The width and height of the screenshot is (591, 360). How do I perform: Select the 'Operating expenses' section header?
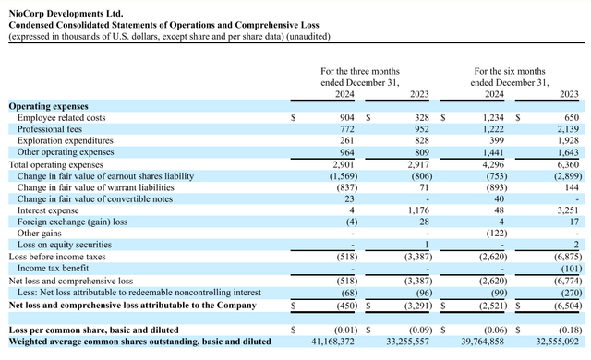[x=48, y=107]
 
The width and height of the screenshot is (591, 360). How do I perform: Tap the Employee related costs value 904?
[x=345, y=118]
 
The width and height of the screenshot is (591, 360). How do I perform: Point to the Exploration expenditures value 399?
[x=495, y=140]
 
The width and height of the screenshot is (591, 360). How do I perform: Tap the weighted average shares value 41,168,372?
[x=331, y=342]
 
